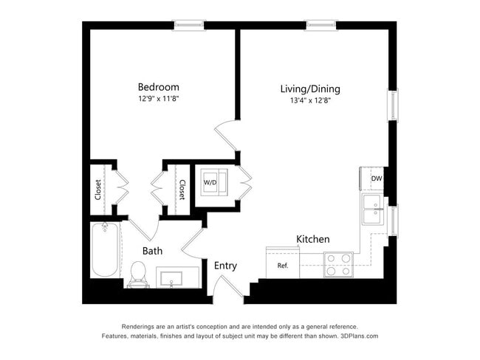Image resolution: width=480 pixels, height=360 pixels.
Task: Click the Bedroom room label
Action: pyautogui.click(x=158, y=86)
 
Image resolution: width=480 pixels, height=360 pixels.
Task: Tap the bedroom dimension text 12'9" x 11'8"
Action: pyautogui.click(x=158, y=98)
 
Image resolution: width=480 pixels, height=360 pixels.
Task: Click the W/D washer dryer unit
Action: pyautogui.click(x=211, y=181)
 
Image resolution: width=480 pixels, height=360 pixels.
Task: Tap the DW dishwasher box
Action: pyautogui.click(x=376, y=179)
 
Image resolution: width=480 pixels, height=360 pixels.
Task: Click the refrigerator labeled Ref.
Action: pyautogui.click(x=283, y=266)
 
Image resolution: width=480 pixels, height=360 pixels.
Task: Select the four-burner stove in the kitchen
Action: pyautogui.click(x=339, y=264)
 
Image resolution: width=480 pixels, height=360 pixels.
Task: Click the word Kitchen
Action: pyautogui.click(x=313, y=240)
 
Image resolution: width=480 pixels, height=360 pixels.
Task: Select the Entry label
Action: pyautogui.click(x=225, y=266)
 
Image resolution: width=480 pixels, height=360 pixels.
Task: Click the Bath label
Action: pyautogui.click(x=153, y=251)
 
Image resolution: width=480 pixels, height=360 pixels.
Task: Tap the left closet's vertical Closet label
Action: pyautogui.click(x=98, y=190)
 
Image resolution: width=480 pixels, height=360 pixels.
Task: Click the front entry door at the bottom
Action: pyautogui.click(x=227, y=291)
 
